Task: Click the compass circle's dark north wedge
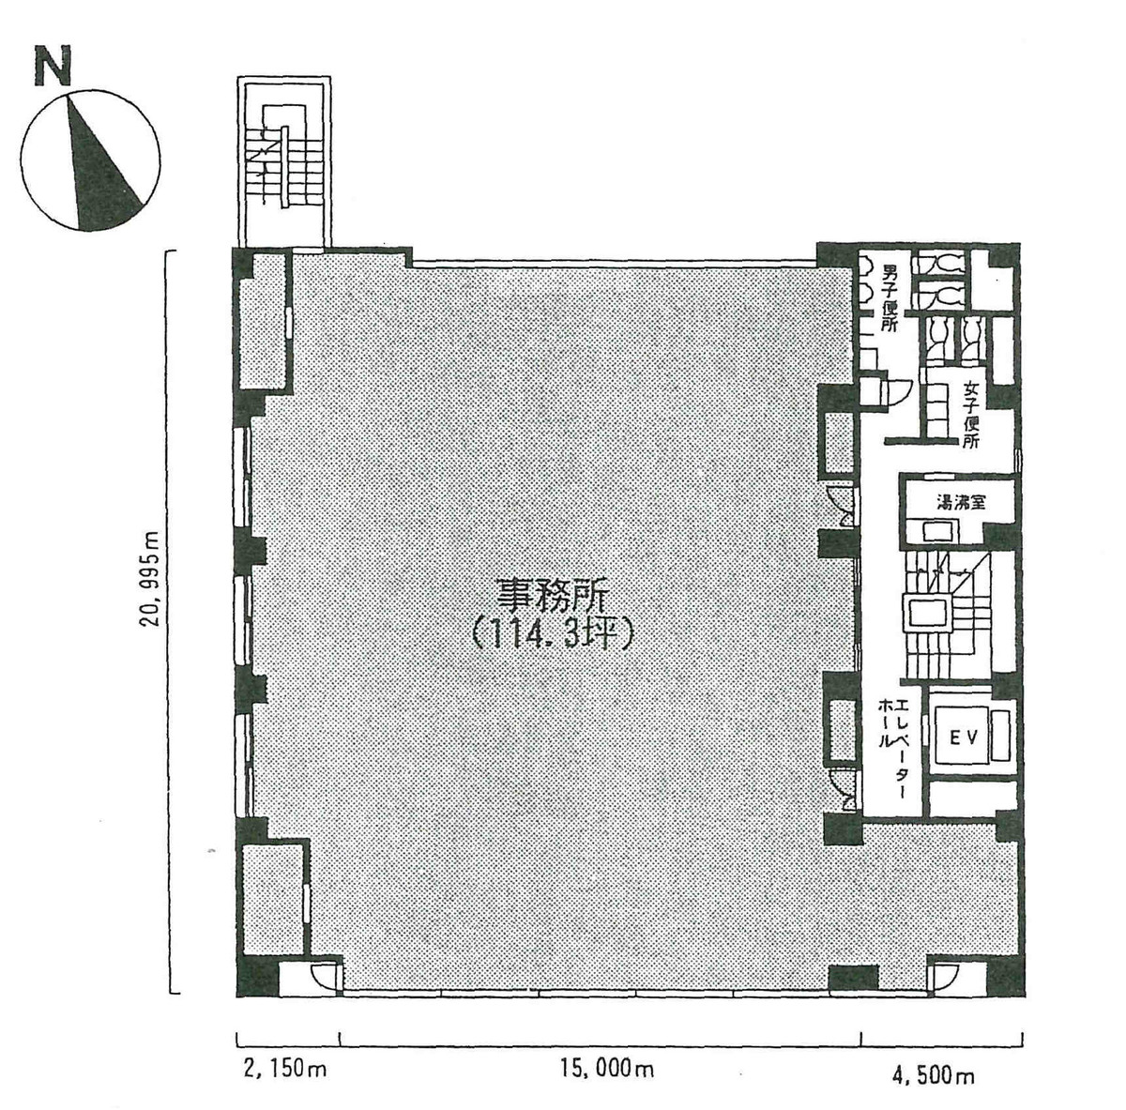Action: (x=98, y=175)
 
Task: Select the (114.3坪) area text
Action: (x=553, y=635)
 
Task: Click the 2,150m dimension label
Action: (x=284, y=1069)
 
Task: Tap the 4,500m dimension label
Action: (x=933, y=1074)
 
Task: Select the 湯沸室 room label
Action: (x=961, y=502)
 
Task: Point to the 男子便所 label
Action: (x=890, y=299)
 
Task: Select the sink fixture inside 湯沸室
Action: (x=940, y=531)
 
